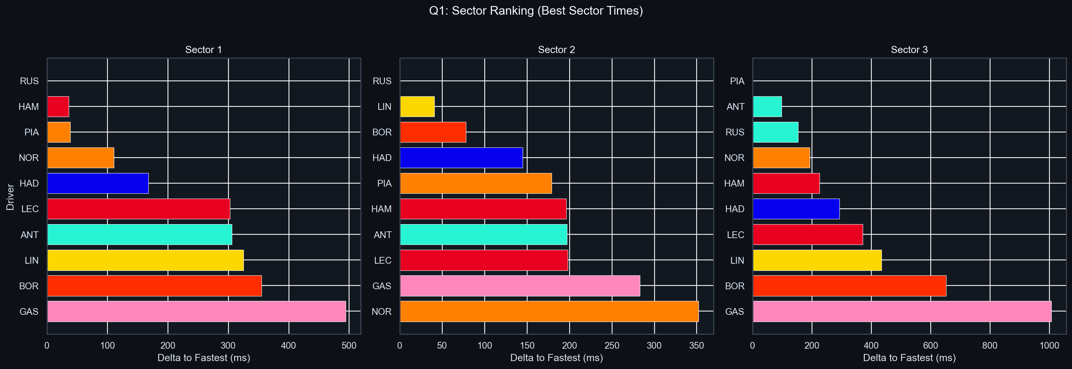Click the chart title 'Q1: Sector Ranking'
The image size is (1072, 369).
[x=535, y=11]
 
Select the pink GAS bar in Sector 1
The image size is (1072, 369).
[x=197, y=311]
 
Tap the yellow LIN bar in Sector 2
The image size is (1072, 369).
[x=417, y=106]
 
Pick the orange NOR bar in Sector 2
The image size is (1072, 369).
[x=549, y=311]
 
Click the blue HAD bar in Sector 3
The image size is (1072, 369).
[x=796, y=209]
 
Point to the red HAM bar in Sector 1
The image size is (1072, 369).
[x=58, y=106]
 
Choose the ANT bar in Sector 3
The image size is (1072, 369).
[x=767, y=106]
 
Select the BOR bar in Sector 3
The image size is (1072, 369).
[x=849, y=286]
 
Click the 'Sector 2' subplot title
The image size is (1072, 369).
[x=556, y=50]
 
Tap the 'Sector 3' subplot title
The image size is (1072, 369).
[x=909, y=50]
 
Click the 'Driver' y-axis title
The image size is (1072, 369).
[x=11, y=197]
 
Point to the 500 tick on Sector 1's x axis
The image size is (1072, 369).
[x=349, y=346]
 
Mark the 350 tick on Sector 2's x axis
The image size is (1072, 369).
[x=697, y=346]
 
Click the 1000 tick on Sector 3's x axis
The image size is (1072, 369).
[x=1049, y=346]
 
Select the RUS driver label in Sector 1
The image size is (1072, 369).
[x=29, y=81]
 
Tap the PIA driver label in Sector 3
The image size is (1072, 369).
[x=737, y=81]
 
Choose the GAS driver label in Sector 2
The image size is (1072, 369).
[x=382, y=286]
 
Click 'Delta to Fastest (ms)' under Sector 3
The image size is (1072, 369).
[x=909, y=358]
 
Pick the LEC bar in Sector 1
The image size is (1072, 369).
[x=139, y=209]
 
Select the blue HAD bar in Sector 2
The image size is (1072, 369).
[x=461, y=158]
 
